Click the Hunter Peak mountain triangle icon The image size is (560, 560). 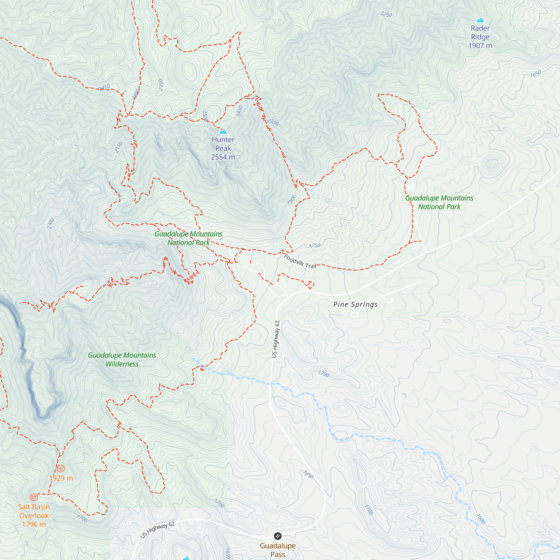(223, 131)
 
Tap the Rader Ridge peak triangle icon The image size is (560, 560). (480, 20)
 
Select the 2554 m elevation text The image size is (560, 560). (223, 157)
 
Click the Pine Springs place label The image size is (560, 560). (355, 304)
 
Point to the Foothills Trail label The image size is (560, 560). (300, 261)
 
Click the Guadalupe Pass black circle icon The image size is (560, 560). (278, 536)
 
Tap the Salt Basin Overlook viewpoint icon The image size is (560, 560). (34, 497)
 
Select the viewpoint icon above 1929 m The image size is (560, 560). (60, 468)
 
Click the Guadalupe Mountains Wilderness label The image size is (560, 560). (122, 360)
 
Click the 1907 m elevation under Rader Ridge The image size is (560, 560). (480, 46)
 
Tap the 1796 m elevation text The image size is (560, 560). (34, 524)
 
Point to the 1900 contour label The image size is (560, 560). (291, 200)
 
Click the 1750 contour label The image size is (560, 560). (315, 246)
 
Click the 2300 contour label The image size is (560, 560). (50, 223)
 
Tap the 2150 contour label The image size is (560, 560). (118, 148)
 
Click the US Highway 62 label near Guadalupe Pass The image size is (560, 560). (157, 529)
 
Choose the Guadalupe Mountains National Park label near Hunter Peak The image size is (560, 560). (188, 238)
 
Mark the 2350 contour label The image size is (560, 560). (161, 85)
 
